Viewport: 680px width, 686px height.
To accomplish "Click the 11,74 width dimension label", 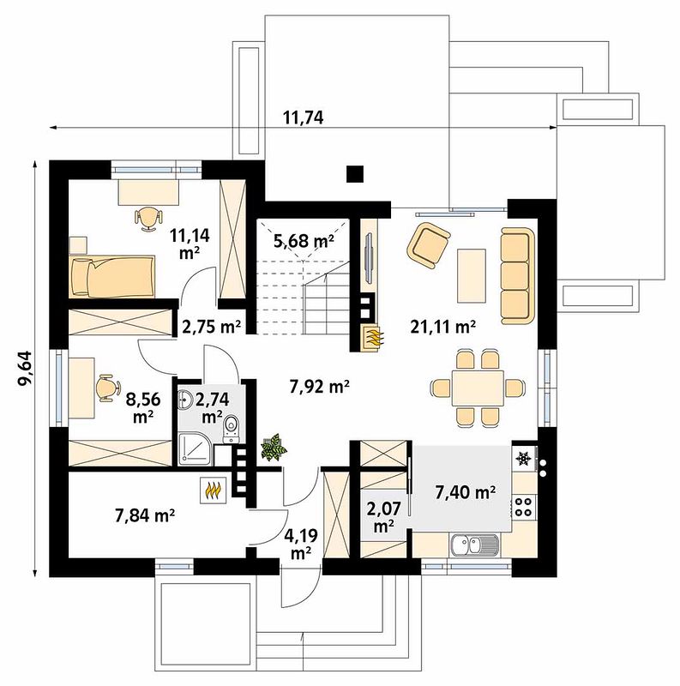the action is (x=304, y=117).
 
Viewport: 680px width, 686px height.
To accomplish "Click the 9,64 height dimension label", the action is (x=25, y=368).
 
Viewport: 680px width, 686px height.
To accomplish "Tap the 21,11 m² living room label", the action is (x=442, y=327).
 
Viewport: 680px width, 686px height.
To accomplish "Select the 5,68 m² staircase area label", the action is (x=304, y=240).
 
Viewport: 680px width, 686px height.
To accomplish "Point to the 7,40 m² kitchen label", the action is (x=465, y=492).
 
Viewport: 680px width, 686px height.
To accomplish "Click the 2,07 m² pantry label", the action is (x=385, y=517).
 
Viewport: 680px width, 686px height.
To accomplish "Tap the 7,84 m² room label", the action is (x=145, y=515).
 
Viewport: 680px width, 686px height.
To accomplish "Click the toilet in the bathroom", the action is (x=231, y=430).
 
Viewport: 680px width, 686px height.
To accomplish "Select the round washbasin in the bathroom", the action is (x=185, y=399).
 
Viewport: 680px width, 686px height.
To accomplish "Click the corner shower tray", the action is (x=195, y=448).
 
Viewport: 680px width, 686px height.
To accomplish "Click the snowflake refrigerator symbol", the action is (x=523, y=458).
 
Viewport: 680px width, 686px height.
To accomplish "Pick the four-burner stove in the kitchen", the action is (x=524, y=507).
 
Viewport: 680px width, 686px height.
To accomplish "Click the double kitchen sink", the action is (x=474, y=545).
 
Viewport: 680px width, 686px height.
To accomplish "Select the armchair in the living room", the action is (x=429, y=244).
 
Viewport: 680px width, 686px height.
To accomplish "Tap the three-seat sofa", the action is (x=518, y=275).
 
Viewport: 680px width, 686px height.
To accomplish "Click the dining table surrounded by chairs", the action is (x=478, y=388).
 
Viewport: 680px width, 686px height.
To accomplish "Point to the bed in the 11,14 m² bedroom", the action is (x=112, y=276).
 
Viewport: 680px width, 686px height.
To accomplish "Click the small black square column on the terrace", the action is (x=355, y=174).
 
